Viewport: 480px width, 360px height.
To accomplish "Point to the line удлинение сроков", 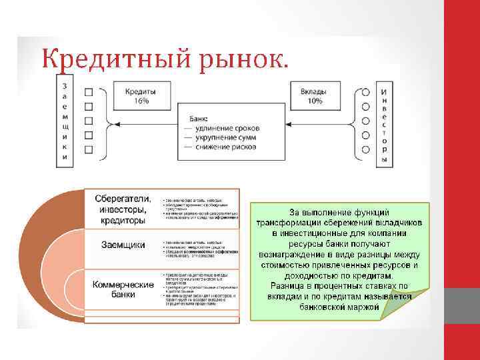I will [227, 128].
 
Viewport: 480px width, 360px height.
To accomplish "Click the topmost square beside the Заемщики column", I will [89, 91].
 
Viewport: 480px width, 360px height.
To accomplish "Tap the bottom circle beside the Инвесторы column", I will [366, 151].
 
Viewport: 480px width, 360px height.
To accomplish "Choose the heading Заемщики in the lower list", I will [123, 245].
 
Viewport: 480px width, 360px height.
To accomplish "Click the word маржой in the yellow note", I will [363, 307].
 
